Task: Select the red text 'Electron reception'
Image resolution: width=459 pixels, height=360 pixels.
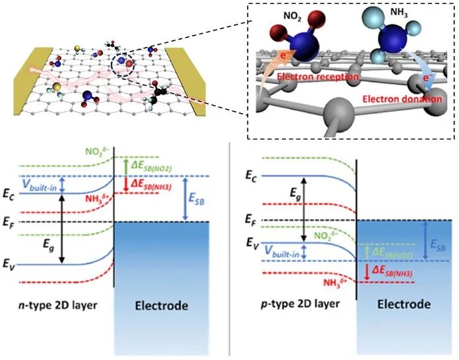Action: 318,77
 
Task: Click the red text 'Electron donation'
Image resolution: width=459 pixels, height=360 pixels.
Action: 402,99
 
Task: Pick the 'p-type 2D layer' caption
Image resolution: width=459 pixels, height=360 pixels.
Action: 300,304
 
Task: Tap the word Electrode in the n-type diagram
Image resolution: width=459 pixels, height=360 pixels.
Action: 161,306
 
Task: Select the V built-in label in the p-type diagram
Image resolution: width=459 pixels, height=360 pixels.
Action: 282,252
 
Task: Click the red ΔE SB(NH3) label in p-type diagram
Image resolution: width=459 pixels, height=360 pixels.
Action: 392,272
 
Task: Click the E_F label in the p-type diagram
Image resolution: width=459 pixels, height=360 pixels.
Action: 251,219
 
